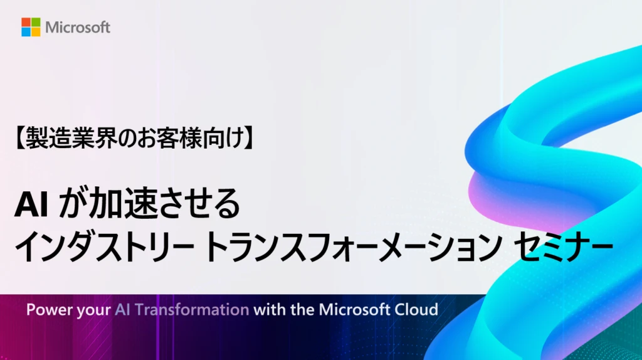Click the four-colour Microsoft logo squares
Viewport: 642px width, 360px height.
pos(31,27)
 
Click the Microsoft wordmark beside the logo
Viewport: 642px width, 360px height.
pos(78,28)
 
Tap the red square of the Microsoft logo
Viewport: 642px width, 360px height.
pos(26,22)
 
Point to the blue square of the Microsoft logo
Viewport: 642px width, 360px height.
pos(26,32)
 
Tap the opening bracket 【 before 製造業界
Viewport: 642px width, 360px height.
pos(19,139)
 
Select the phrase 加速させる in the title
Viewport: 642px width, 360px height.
pos(164,204)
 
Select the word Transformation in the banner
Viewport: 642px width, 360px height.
pos(192,310)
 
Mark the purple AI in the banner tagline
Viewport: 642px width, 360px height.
pos(122,310)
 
